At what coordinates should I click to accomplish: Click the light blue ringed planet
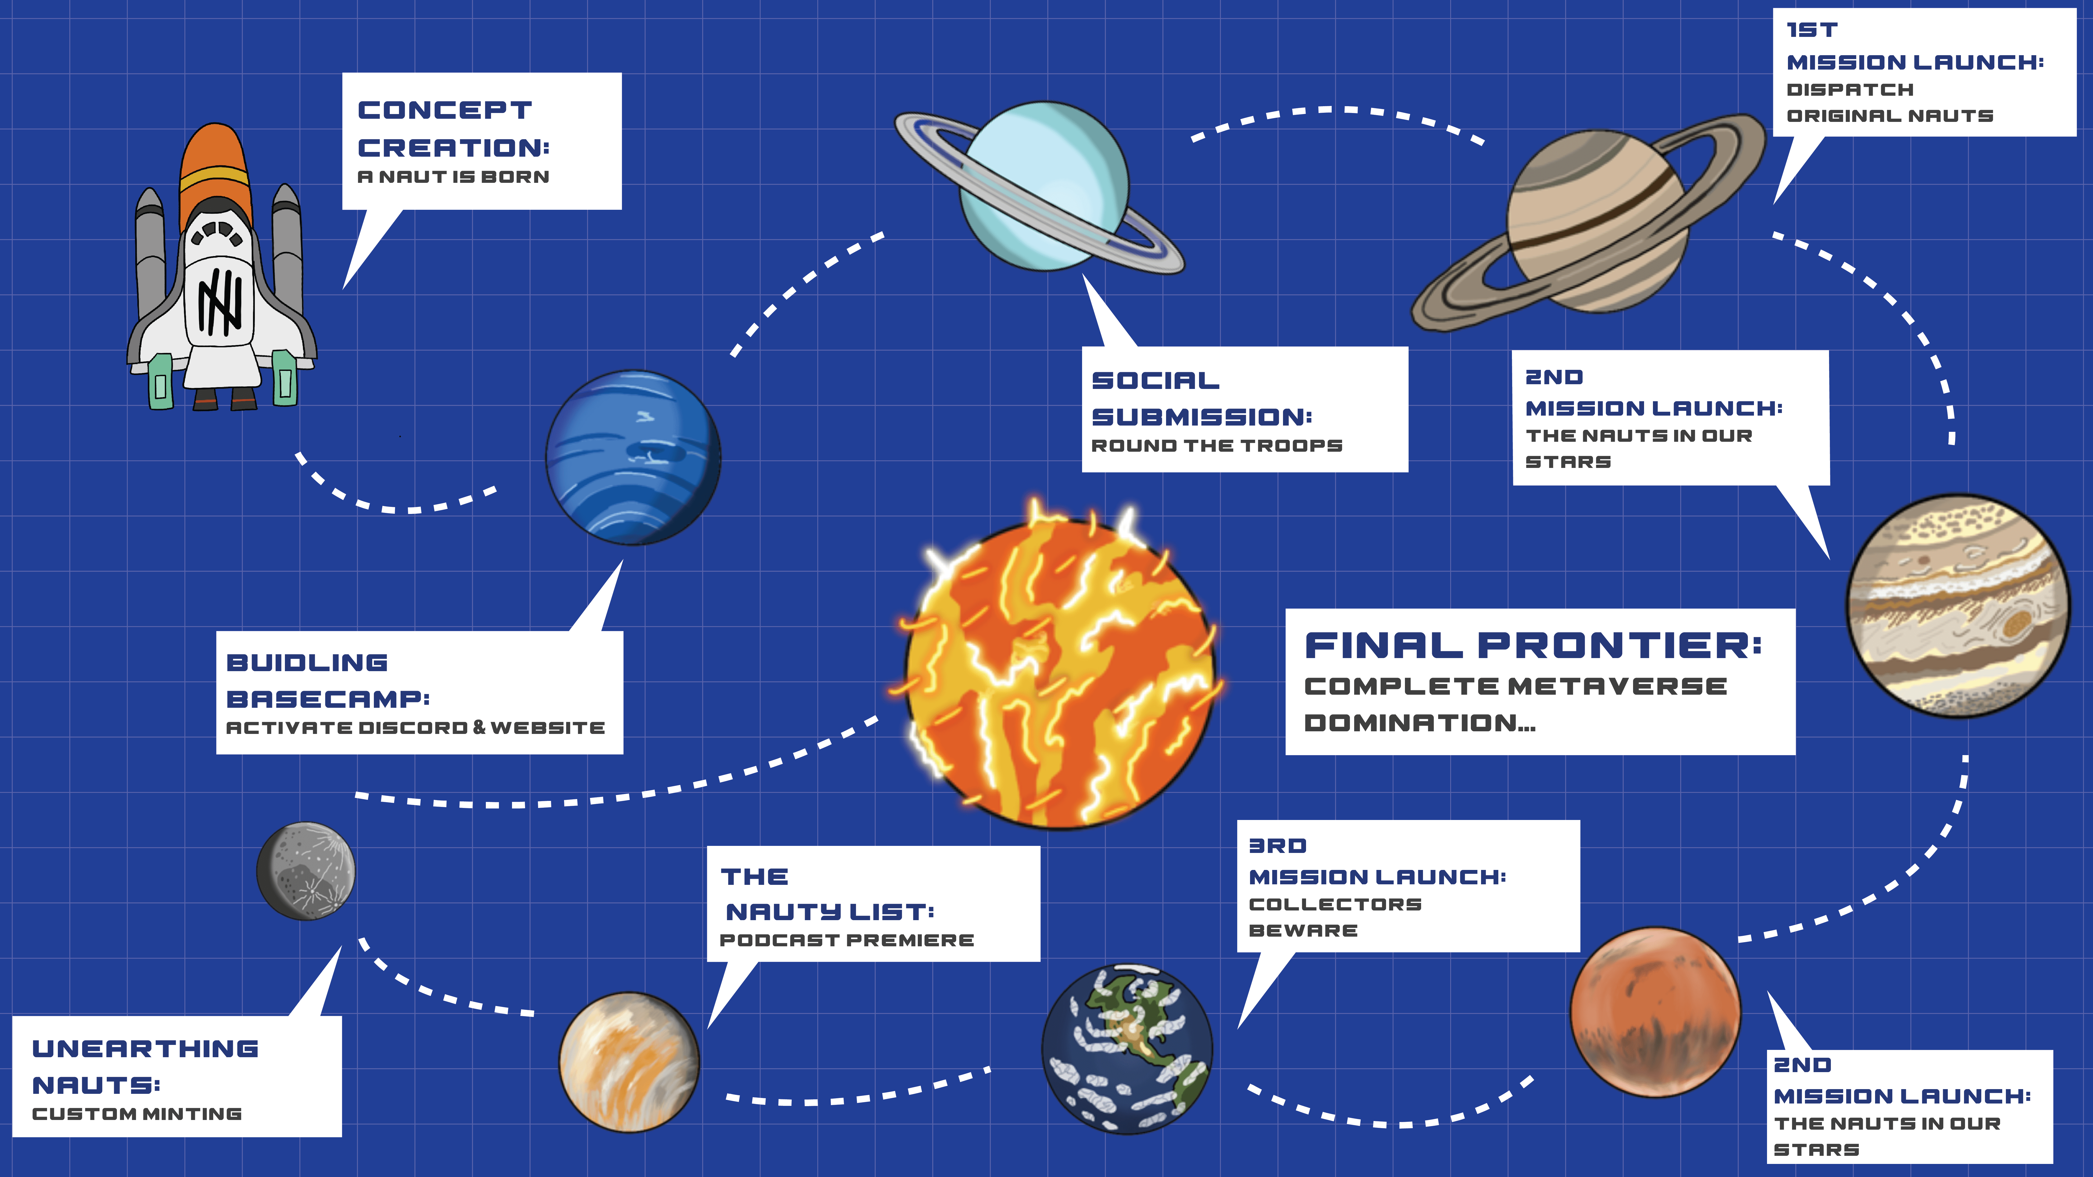1044,185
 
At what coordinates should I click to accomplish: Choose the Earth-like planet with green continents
1127,1048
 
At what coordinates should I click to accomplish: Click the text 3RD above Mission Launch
1277,846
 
